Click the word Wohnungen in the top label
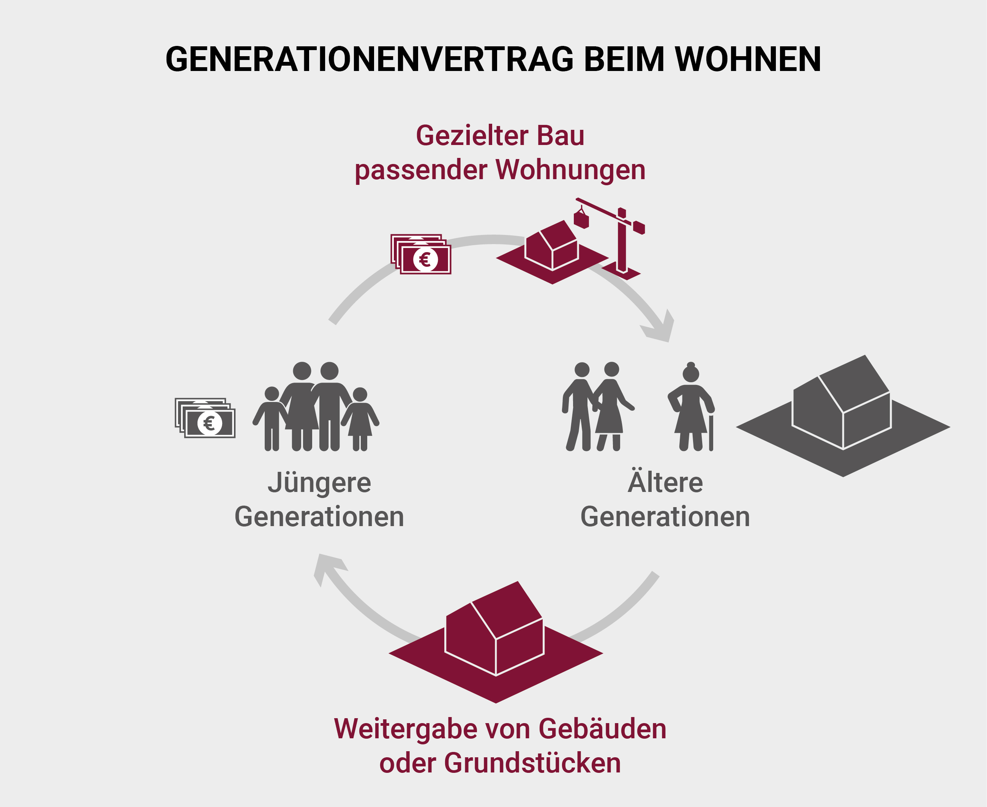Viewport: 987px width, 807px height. click(x=570, y=170)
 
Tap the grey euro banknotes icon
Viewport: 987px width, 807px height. click(x=205, y=418)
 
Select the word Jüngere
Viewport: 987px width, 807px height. click(x=319, y=483)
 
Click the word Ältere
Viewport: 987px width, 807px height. click(x=665, y=483)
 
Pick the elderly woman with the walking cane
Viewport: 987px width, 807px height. click(x=691, y=407)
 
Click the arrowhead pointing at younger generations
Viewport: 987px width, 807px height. click(x=327, y=569)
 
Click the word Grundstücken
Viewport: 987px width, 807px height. click(x=532, y=763)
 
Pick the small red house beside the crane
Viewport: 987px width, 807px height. click(x=552, y=246)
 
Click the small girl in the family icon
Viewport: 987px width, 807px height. click(x=360, y=418)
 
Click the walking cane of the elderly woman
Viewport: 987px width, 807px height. click(x=711, y=432)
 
